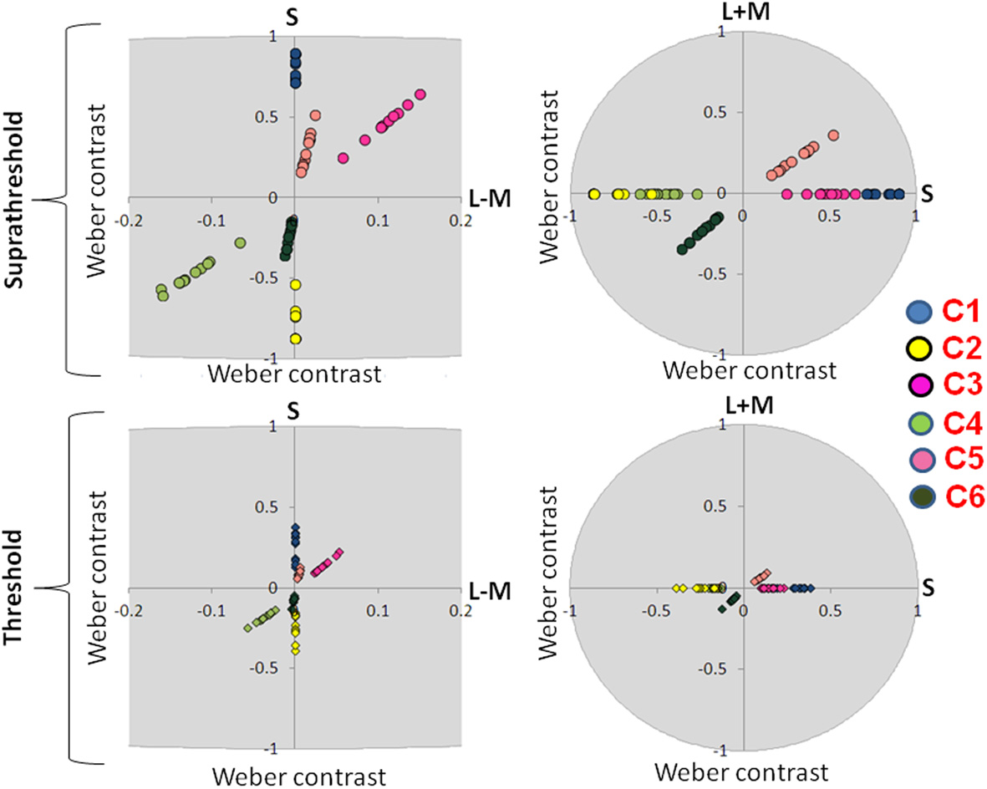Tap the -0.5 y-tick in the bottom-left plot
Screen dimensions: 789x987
coord(272,667)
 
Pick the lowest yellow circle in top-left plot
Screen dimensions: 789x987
coord(295,339)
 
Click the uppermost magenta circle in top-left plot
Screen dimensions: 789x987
coord(420,94)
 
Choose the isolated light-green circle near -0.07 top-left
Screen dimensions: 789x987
coord(240,242)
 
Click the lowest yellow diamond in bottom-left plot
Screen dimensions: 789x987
coord(295,649)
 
